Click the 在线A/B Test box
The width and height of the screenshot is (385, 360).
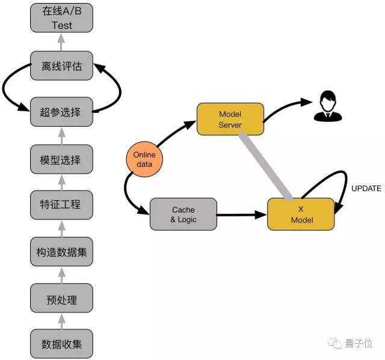pos(62,19)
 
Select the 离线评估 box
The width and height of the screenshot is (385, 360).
pos(62,66)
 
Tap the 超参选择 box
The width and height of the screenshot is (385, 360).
pos(62,112)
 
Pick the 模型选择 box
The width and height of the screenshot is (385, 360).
pos(62,159)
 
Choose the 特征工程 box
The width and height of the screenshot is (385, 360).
pos(62,205)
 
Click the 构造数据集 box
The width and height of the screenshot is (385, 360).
pos(62,252)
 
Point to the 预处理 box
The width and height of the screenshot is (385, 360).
pos(62,299)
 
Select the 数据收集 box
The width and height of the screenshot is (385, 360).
pos(62,344)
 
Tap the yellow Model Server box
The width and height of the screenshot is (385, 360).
pos(230,119)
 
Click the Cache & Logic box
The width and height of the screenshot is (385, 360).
pos(183,214)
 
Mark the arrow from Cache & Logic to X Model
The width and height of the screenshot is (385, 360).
pos(241,215)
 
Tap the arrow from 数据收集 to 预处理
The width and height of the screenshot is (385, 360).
pos(62,322)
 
